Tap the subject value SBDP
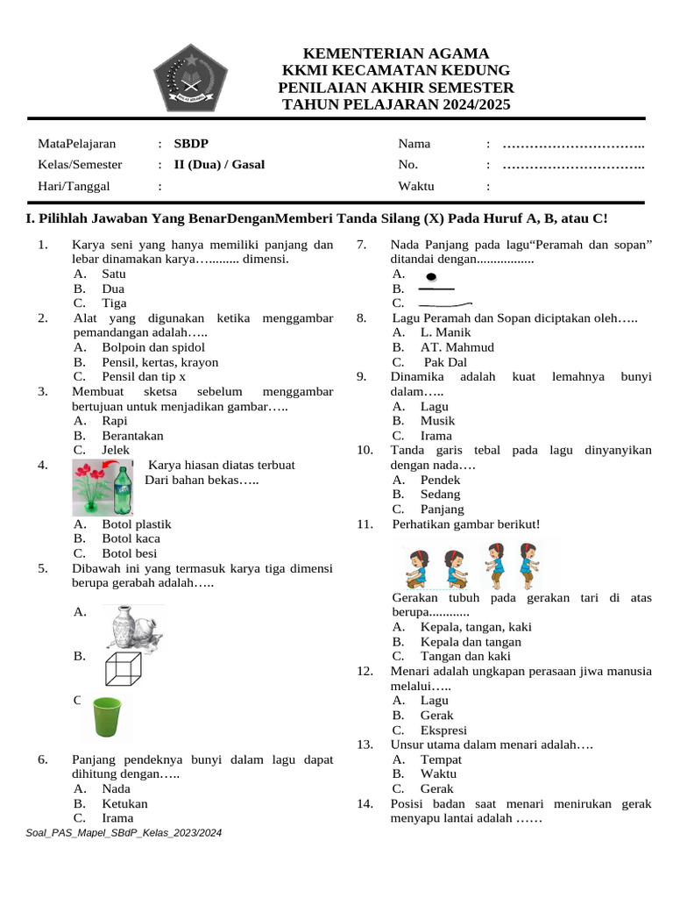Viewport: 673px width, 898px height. pos(191,144)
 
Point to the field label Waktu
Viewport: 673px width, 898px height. pos(416,186)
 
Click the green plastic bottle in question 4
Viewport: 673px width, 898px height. pos(123,488)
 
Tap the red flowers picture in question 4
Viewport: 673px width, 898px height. pos(92,488)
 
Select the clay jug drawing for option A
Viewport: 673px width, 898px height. pos(131,627)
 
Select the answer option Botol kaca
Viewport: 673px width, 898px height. pos(131,538)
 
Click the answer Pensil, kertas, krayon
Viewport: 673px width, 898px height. pos(159,362)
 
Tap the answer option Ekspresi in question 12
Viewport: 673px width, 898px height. pos(443,730)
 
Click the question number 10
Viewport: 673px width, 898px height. pos(365,450)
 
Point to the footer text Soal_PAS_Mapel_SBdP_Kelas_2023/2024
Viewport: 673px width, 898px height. pos(125,832)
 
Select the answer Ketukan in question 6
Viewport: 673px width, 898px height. pos(124,803)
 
